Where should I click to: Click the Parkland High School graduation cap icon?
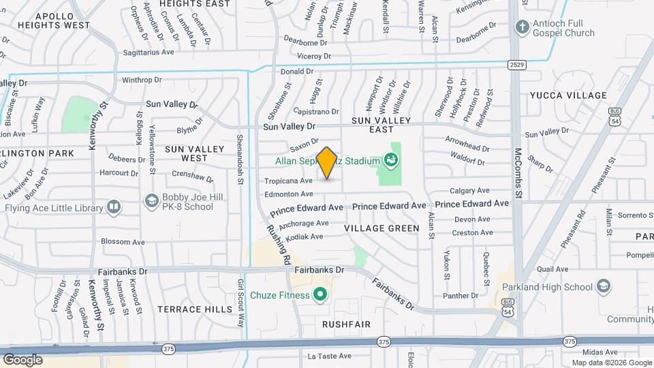click(x=603, y=287)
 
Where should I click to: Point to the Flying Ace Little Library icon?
click(x=113, y=206)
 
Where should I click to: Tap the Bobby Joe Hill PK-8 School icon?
click(x=151, y=200)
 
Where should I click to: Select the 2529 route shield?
click(x=516, y=64)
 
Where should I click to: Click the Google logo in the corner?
click(x=22, y=359)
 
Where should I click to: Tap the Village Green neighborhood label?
click(x=381, y=228)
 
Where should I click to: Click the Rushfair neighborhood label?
click(x=346, y=324)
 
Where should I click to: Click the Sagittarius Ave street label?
click(x=149, y=52)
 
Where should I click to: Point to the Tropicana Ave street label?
click(x=288, y=181)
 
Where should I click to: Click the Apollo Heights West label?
click(x=54, y=19)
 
